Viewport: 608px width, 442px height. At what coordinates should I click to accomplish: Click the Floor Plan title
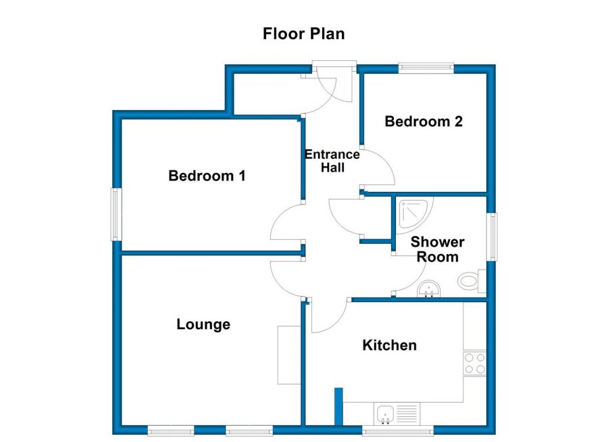(x=303, y=34)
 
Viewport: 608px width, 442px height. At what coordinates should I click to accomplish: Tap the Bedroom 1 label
(x=207, y=176)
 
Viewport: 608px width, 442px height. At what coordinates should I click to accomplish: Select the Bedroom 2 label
(x=424, y=122)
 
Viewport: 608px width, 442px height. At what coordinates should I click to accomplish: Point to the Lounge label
(x=203, y=324)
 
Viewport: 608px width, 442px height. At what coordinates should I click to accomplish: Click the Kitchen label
(x=390, y=345)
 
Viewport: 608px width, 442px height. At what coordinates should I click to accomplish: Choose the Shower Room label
(x=438, y=249)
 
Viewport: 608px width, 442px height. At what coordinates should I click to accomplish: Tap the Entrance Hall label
(x=332, y=161)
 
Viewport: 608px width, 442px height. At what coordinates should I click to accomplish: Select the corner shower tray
(x=413, y=212)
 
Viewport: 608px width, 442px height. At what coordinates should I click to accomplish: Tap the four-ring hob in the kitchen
(x=474, y=363)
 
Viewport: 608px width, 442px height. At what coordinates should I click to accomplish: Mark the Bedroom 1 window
(x=116, y=214)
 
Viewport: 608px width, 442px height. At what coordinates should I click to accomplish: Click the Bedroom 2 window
(x=426, y=68)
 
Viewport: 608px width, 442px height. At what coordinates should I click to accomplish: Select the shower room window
(x=493, y=237)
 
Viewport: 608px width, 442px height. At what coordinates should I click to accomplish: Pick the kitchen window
(x=397, y=431)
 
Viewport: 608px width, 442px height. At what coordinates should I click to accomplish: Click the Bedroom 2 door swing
(x=378, y=169)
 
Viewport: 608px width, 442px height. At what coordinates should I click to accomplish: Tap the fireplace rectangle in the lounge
(x=289, y=355)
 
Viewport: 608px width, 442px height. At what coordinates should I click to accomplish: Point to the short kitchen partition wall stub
(x=338, y=406)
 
